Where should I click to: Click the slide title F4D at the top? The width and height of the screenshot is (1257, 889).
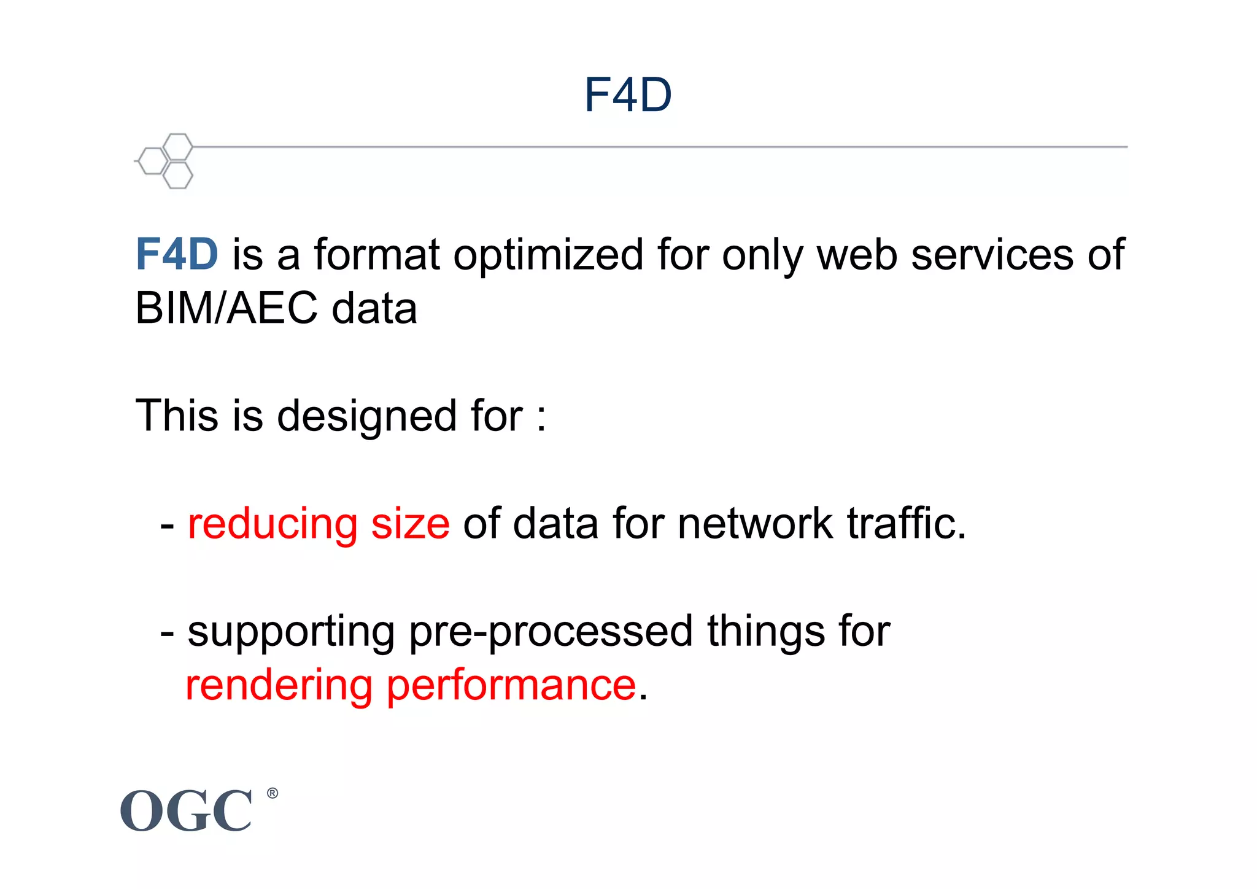tap(628, 95)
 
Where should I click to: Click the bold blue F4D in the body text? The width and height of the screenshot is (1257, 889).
tap(177, 254)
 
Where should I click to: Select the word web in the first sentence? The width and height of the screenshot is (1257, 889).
tap(857, 254)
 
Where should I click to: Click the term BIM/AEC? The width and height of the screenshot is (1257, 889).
tap(226, 308)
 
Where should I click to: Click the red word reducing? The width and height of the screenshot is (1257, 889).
tap(273, 525)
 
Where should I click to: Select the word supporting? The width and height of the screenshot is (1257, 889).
tap(291, 633)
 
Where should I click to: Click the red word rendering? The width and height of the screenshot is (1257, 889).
tap(279, 686)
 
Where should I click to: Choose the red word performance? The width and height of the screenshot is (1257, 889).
tap(511, 686)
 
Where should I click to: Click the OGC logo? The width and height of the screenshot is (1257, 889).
tap(186, 811)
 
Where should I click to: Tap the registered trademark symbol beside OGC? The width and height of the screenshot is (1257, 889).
tap(273, 793)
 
